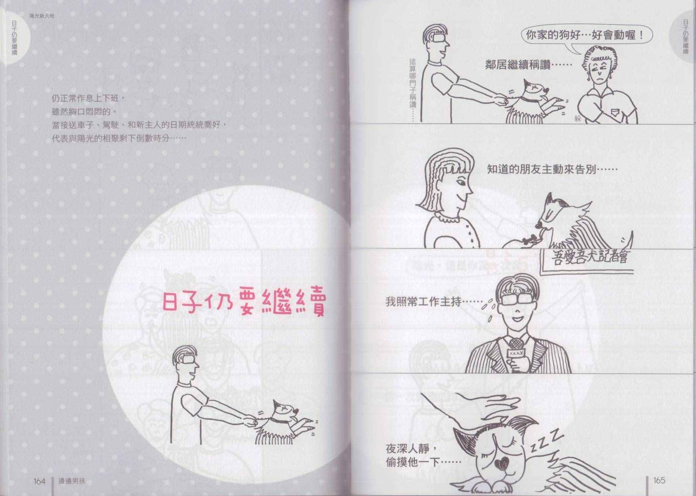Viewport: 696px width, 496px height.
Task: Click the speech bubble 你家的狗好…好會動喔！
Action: [x=584, y=36]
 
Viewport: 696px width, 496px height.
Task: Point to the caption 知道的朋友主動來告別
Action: [x=552, y=169]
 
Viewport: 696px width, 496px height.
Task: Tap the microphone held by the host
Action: [x=515, y=351]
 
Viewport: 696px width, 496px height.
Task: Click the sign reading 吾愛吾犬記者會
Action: [x=589, y=257]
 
